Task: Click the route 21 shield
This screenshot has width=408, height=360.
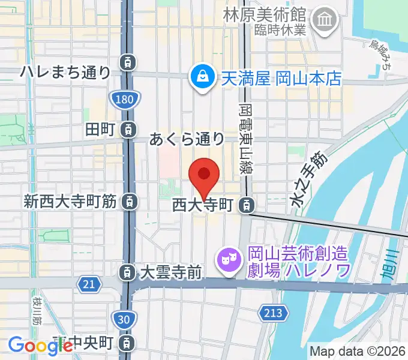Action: pyautogui.click(x=89, y=283)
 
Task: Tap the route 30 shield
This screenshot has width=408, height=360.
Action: pyautogui.click(x=123, y=320)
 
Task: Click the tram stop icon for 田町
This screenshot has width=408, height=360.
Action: pyautogui.click(x=127, y=128)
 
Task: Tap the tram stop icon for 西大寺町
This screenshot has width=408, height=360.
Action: pyautogui.click(x=246, y=206)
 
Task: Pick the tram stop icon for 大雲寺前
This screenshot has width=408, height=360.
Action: pyautogui.click(x=127, y=273)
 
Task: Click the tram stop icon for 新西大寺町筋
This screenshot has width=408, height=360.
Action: pyautogui.click(x=128, y=202)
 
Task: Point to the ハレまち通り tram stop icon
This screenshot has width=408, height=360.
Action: pyautogui.click(x=127, y=61)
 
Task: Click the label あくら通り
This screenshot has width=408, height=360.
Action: pyautogui.click(x=187, y=140)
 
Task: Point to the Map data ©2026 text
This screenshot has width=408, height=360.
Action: pyautogui.click(x=357, y=351)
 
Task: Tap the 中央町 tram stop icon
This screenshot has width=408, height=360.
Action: pyautogui.click(x=127, y=343)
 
